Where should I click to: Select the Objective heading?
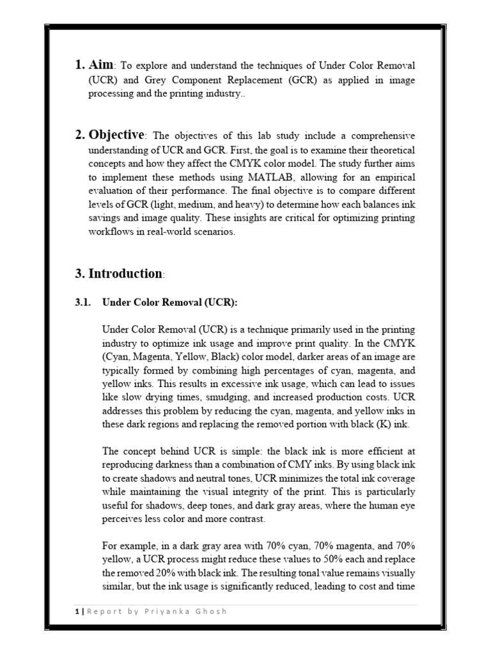click(x=116, y=135)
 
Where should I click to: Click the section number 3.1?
click(x=84, y=302)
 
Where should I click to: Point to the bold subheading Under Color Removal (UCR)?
click(x=169, y=302)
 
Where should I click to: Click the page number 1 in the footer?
click(x=76, y=612)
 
